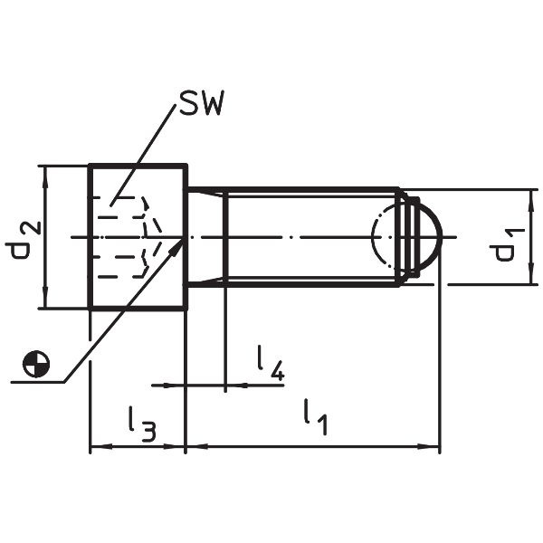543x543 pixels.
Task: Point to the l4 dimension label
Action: pos(270,362)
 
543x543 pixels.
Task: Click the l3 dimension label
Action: pos(141,423)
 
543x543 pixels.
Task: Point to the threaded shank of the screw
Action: pos(308,237)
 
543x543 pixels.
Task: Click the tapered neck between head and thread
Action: pos(205,237)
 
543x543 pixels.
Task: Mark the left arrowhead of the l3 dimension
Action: pos(95,446)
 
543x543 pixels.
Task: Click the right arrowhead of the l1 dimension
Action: pos(433,446)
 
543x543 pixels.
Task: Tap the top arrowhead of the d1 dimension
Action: pos(528,195)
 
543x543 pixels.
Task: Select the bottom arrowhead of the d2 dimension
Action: pos(42,302)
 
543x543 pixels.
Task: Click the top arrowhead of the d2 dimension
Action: pos(42,171)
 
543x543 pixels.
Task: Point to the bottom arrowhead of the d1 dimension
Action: pos(528,279)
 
